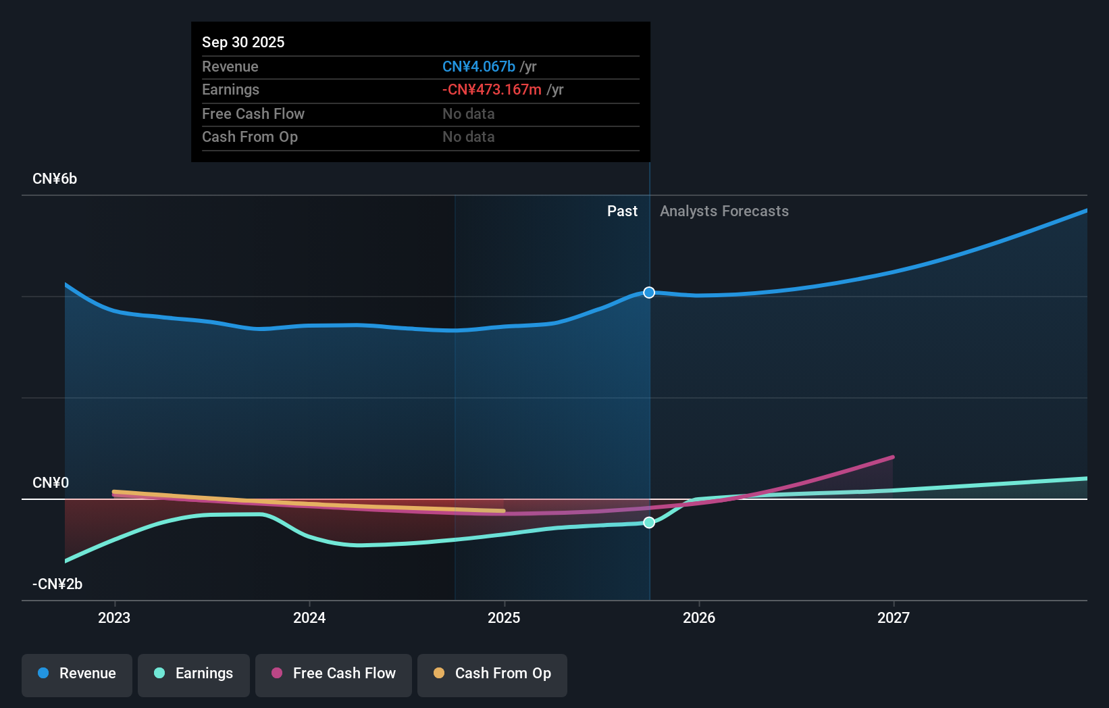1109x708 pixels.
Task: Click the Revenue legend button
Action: (77, 674)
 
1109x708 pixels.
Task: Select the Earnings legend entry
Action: (194, 674)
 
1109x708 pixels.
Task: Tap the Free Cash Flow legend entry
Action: (334, 674)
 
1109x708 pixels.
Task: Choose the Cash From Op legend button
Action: (492, 674)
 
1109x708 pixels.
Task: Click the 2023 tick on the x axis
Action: (114, 617)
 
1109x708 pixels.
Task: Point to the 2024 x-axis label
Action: (309, 617)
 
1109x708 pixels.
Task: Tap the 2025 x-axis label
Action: (504, 617)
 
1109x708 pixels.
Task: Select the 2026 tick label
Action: (699, 617)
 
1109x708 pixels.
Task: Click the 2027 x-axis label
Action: (894, 617)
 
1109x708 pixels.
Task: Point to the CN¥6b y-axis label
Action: (55, 179)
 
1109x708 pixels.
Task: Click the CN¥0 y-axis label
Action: (51, 483)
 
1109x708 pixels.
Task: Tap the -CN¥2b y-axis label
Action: (57, 584)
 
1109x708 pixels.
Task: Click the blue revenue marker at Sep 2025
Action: (649, 293)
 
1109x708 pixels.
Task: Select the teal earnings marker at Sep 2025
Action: (649, 522)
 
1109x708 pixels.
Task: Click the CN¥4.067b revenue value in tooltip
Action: (479, 67)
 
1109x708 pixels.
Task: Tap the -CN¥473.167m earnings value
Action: (492, 90)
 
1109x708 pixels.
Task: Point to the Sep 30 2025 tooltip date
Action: (243, 43)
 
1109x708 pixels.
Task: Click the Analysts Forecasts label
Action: (724, 211)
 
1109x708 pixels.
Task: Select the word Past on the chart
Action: (622, 211)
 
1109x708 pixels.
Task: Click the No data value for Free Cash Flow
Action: (468, 114)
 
